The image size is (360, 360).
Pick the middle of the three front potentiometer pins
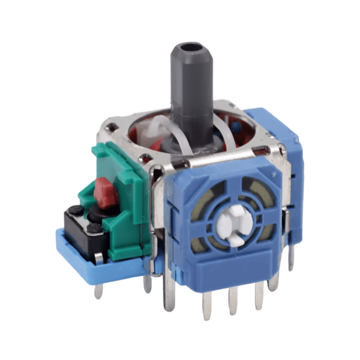pos(233,300)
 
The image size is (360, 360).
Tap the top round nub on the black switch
pos(76,211)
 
